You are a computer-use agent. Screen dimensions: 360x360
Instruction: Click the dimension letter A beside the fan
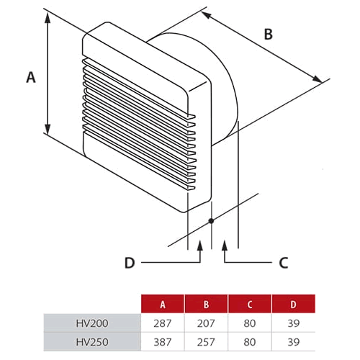pyautogui.click(x=31, y=77)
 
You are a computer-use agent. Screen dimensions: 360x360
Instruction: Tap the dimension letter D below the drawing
pyautogui.click(x=130, y=263)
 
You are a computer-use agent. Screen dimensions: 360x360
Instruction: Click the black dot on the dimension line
pyautogui.click(x=211, y=221)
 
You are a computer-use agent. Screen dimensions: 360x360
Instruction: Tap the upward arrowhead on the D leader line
pyautogui.click(x=201, y=246)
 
